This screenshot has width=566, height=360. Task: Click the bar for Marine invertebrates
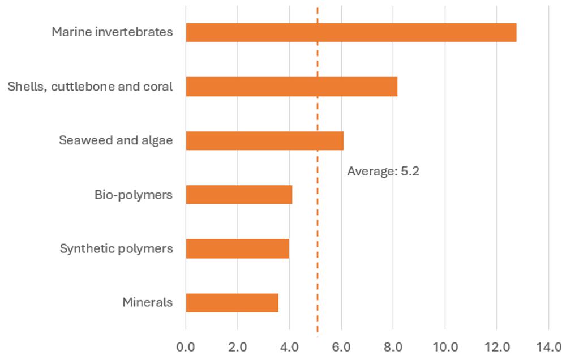pyautogui.click(x=351, y=32)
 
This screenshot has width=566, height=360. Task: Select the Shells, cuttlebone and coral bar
pyautogui.click(x=291, y=87)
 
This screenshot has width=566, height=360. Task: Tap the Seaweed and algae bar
pyautogui.click(x=264, y=140)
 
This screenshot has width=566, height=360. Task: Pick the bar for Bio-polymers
pyautogui.click(x=239, y=195)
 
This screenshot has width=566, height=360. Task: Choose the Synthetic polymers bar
pyautogui.click(x=237, y=248)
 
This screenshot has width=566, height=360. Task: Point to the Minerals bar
pyautogui.click(x=232, y=302)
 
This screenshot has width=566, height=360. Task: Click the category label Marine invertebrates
pyautogui.click(x=112, y=32)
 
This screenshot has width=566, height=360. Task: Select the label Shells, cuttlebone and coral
pyautogui.click(x=90, y=87)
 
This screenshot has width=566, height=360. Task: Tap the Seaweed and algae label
pyautogui.click(x=116, y=140)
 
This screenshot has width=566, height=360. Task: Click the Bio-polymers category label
pyautogui.click(x=133, y=195)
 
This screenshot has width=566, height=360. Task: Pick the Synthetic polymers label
pyautogui.click(x=116, y=248)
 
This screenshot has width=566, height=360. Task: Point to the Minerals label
pyautogui.click(x=147, y=302)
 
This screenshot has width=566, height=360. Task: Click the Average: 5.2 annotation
pyautogui.click(x=383, y=172)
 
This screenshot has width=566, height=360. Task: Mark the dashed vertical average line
pyautogui.click(x=317, y=226)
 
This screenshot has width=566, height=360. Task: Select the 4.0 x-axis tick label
pyautogui.click(x=289, y=346)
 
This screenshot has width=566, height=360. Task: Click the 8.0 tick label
pyautogui.click(x=393, y=346)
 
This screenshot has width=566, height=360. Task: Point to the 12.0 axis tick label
pyautogui.click(x=496, y=346)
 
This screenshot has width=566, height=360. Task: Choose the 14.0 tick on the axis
pyautogui.click(x=548, y=346)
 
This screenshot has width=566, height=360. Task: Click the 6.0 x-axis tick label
pyautogui.click(x=341, y=346)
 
